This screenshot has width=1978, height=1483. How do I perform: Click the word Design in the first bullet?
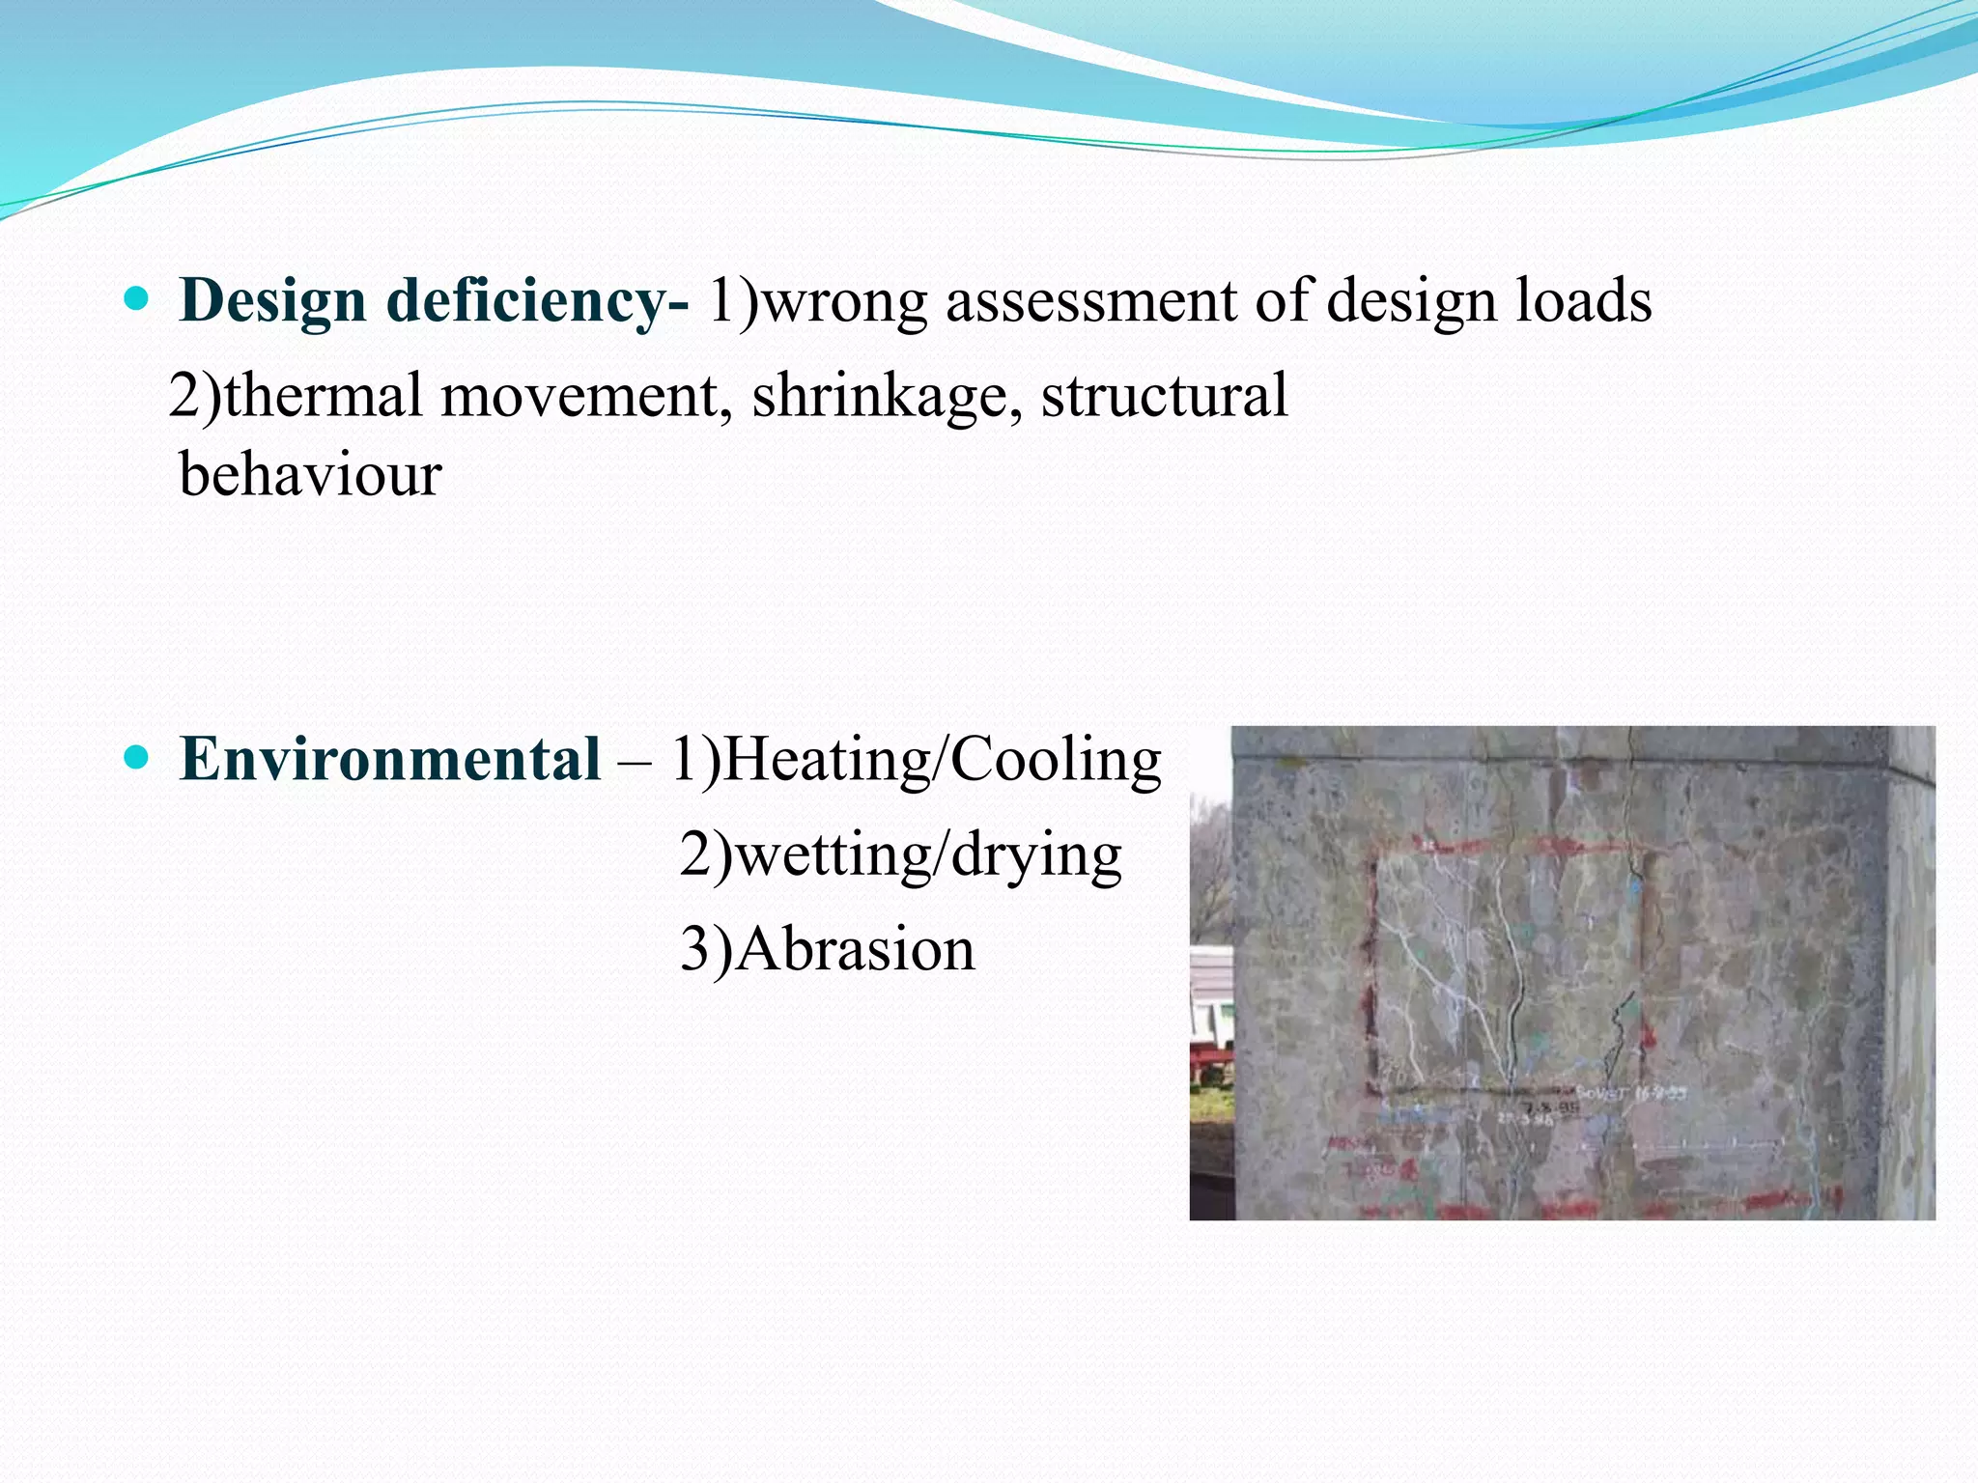click(271, 300)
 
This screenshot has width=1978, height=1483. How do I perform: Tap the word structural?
click(1165, 395)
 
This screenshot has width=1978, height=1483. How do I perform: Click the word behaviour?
click(310, 474)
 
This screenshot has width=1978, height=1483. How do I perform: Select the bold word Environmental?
click(390, 759)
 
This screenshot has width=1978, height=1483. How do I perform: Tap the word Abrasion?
click(856, 949)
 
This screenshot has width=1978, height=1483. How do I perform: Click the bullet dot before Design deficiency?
click(137, 298)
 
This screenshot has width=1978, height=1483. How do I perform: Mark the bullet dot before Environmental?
click(137, 758)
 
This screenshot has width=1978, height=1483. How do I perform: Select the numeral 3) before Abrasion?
click(706, 949)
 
